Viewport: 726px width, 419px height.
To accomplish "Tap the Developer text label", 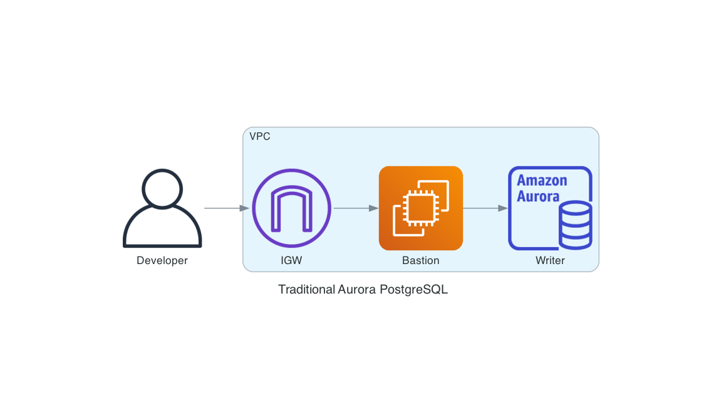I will [x=162, y=260].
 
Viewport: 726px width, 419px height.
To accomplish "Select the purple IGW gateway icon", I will [x=291, y=208].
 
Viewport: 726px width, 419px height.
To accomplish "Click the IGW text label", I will [x=291, y=260].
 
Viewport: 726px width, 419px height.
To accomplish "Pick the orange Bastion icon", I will [x=420, y=208].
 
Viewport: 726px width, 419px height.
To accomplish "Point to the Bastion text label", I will [x=420, y=260].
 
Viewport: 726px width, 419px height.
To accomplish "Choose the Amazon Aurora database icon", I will [x=550, y=208].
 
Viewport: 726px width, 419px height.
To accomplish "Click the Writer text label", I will [x=550, y=260].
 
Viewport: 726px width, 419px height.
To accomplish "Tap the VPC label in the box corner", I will [x=260, y=136].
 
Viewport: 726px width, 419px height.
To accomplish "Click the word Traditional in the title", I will [x=306, y=290].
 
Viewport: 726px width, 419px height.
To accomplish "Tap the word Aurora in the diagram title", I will [x=358, y=290].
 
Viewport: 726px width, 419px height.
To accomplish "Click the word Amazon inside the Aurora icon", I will [x=542, y=181].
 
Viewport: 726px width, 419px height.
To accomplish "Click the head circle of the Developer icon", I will [x=162, y=188].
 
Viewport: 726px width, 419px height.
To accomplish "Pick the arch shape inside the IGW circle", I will [x=291, y=210].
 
